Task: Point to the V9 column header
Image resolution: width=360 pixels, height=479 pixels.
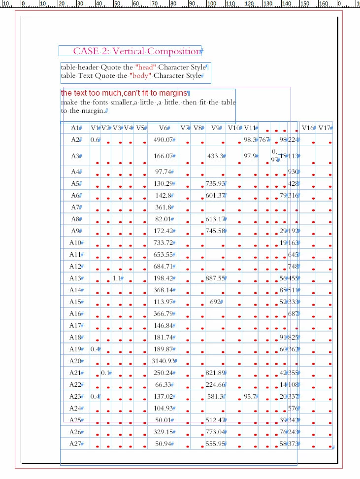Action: click(x=216, y=128)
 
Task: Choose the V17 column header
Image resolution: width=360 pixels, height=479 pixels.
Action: click(x=323, y=128)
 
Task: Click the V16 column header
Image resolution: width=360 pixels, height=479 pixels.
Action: click(x=308, y=128)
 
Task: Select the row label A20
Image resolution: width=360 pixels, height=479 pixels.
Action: click(x=75, y=361)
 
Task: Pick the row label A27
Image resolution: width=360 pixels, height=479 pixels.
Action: click(x=75, y=444)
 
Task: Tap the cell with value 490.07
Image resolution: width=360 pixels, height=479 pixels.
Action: click(x=164, y=140)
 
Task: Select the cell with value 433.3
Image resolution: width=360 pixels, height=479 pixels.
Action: click(x=215, y=156)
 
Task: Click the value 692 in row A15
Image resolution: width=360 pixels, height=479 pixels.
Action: click(x=215, y=302)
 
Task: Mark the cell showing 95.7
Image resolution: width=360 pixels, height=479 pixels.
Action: click(x=250, y=396)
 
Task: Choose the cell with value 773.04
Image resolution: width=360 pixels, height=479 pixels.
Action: click(x=215, y=432)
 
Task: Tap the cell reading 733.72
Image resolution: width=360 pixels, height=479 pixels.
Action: click(x=164, y=242)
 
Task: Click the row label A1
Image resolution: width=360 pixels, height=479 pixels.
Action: click(x=75, y=128)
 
